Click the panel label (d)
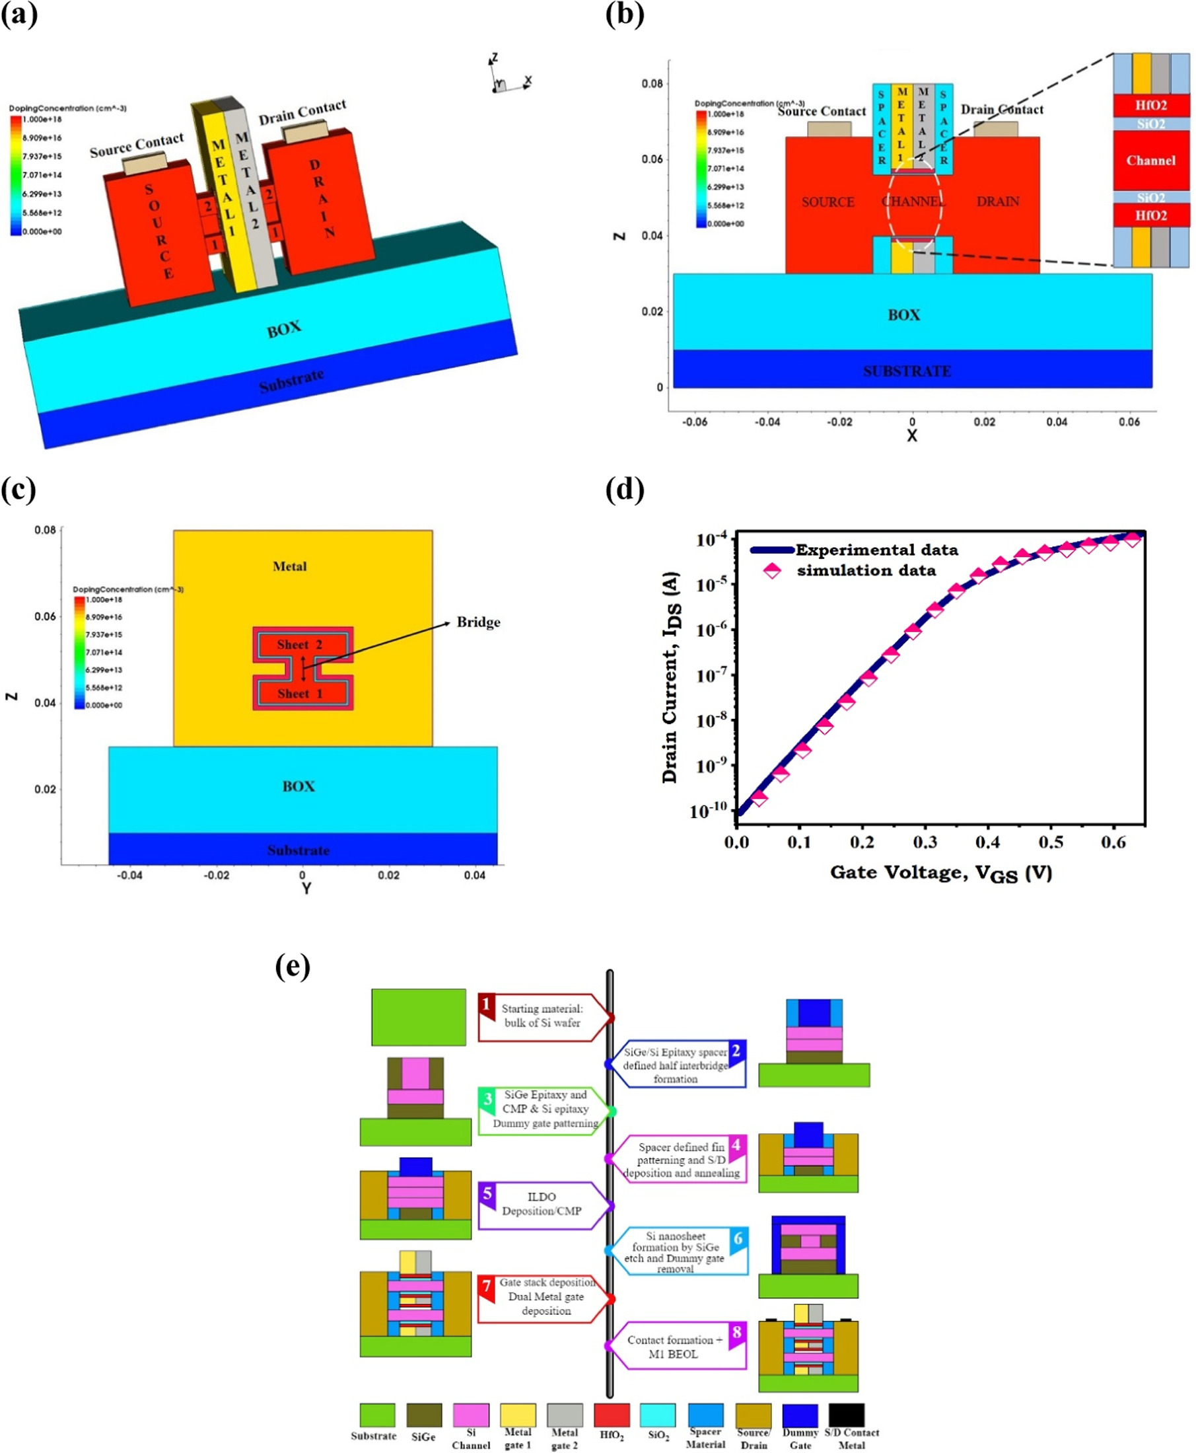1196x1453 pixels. (x=624, y=491)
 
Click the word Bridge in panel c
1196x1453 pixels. (x=478, y=622)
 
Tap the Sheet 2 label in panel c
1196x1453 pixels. (x=299, y=645)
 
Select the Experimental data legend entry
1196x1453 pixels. (x=876, y=550)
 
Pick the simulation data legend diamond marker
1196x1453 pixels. (x=771, y=571)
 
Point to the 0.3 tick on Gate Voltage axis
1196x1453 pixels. (x=925, y=842)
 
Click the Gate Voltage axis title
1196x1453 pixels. (x=940, y=874)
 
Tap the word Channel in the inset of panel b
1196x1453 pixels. (x=1150, y=161)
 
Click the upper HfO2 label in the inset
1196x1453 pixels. (x=1150, y=106)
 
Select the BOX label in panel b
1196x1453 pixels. (x=903, y=315)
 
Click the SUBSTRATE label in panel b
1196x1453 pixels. (x=907, y=371)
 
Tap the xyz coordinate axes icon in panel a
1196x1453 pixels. (x=507, y=77)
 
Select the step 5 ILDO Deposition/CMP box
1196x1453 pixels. (x=542, y=1204)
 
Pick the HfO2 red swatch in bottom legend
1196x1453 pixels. (x=611, y=1415)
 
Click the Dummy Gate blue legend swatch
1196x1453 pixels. (x=800, y=1415)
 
